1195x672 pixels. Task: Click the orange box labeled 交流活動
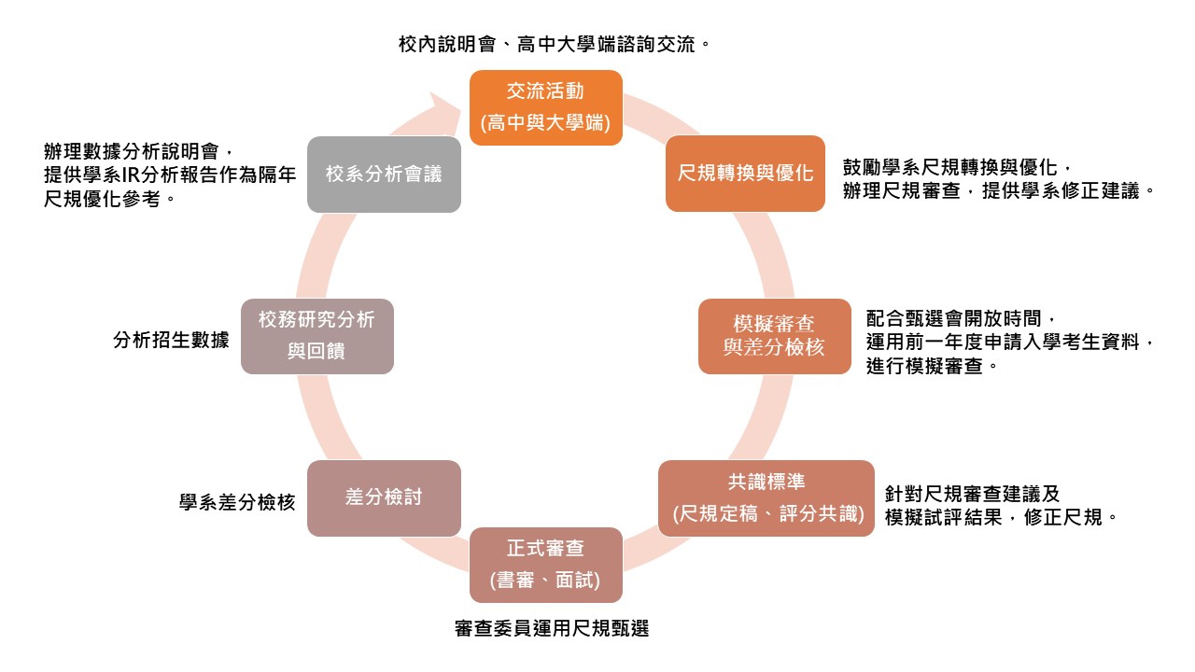545,107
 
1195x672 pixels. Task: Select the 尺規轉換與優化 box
745,174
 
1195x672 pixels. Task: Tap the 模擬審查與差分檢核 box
774,336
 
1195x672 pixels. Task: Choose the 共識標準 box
766,497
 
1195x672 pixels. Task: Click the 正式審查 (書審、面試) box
545,565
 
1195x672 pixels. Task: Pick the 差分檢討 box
384,497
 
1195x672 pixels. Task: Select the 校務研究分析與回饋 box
316,336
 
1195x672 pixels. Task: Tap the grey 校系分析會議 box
384,174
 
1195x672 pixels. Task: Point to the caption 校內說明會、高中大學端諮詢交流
548,44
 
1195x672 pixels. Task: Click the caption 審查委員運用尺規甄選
551,629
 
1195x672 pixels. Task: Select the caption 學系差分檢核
237,502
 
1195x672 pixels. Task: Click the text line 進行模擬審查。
933,367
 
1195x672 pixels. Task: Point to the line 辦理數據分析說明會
136,151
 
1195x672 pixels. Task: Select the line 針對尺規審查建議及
972,494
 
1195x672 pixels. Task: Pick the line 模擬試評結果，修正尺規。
1001,517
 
